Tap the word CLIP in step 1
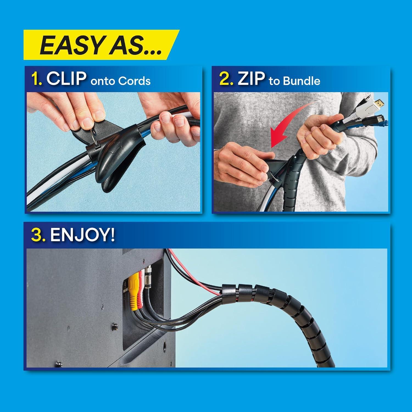pos(66,79)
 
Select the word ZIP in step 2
pos(251,79)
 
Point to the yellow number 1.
pos(36,79)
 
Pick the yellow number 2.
pos(226,79)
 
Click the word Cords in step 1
pos(135,81)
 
